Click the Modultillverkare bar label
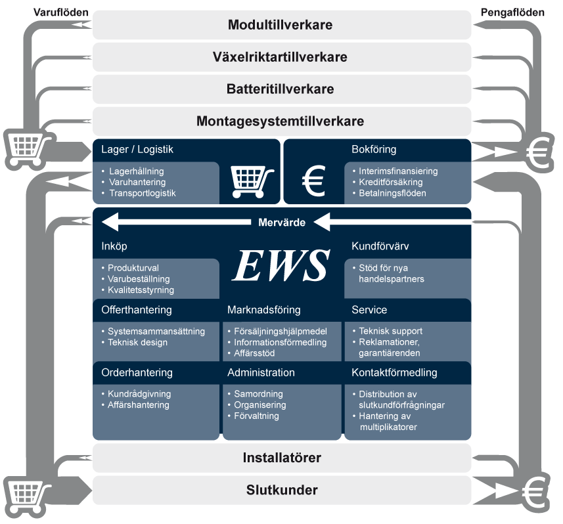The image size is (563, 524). coord(281,26)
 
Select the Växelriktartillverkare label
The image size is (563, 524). coord(281,57)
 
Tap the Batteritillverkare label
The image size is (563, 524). coord(281,89)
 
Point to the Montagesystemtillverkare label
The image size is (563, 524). coord(281,121)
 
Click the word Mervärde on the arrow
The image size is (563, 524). coord(281,223)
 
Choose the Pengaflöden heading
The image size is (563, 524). coord(512,12)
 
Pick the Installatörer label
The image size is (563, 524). coord(282,458)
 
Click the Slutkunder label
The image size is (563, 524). coord(282,491)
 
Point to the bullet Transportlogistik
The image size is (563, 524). coord(143,193)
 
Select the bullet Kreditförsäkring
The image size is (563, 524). coord(390,182)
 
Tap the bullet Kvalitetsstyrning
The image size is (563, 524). coord(141,290)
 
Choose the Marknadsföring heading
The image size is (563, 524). coord(263,309)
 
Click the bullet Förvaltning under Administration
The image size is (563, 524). coord(256,416)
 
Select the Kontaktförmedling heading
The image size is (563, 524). coord(394,372)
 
